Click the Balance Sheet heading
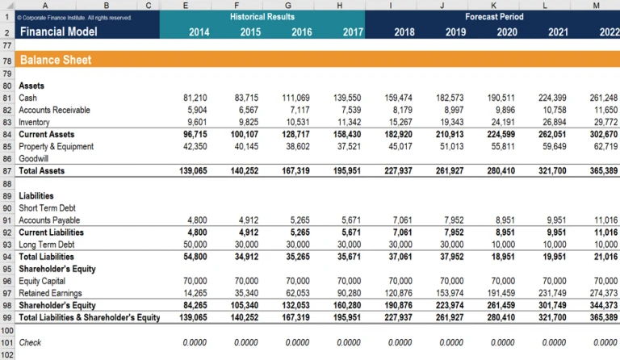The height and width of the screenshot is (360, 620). [x=56, y=60]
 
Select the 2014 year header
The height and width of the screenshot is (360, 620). [x=199, y=32]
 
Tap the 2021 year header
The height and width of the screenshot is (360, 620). [x=558, y=32]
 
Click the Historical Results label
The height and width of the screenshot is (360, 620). [x=262, y=17]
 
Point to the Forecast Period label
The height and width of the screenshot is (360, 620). [x=494, y=17]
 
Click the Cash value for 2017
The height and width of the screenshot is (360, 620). [x=347, y=98]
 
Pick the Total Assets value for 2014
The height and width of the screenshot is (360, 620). [x=193, y=170]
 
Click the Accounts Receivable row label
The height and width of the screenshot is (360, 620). [x=55, y=110]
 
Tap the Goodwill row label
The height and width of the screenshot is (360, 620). [x=34, y=158]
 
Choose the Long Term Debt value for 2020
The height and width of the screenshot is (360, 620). [x=503, y=245]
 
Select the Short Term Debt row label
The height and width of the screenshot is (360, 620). [x=47, y=208]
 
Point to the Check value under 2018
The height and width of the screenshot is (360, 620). [x=400, y=342]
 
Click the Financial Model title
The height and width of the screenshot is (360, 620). [x=58, y=31]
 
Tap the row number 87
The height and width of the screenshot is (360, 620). [x=7, y=171]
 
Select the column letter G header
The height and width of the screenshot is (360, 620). [x=288, y=5]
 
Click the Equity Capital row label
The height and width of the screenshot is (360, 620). [x=42, y=281]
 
